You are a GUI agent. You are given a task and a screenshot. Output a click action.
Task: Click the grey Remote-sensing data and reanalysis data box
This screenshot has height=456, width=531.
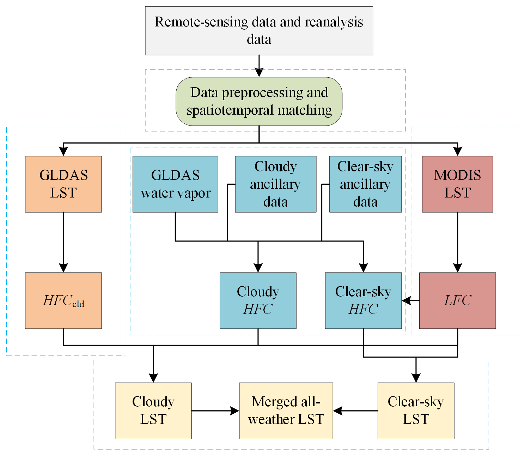point(259,31)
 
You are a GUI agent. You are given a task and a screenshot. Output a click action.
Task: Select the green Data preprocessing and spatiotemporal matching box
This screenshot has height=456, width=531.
point(259,101)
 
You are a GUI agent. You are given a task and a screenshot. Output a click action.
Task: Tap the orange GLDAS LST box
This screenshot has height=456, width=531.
point(63,184)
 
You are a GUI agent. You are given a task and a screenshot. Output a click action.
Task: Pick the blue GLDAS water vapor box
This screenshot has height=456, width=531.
point(175,184)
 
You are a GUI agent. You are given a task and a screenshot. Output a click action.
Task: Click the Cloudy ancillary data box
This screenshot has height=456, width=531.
point(275,184)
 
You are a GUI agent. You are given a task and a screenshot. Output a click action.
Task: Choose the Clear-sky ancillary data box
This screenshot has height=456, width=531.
point(365,184)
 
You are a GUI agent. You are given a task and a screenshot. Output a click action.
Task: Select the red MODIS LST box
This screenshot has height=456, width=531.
point(457,184)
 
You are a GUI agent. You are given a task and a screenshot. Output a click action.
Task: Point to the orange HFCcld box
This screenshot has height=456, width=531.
point(63,300)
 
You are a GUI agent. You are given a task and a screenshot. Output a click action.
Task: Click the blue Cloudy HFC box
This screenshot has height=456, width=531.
point(258,300)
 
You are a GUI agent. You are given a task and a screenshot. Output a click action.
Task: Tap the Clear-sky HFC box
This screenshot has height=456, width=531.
point(363,300)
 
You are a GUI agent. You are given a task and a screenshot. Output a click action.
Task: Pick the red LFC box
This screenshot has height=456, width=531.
point(457,300)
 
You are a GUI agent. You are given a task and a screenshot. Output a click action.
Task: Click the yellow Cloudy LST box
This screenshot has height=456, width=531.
point(153,411)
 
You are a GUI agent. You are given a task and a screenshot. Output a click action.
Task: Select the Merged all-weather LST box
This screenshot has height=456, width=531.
point(286,411)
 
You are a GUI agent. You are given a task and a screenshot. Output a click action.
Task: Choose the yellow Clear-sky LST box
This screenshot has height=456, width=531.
point(416,411)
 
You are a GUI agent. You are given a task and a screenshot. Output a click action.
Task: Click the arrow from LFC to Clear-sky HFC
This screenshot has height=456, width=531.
point(410,301)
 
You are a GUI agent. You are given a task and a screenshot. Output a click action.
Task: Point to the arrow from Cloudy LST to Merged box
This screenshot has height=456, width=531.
point(215,411)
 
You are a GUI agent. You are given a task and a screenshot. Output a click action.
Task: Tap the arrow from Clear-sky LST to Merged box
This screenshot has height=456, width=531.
point(355,411)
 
